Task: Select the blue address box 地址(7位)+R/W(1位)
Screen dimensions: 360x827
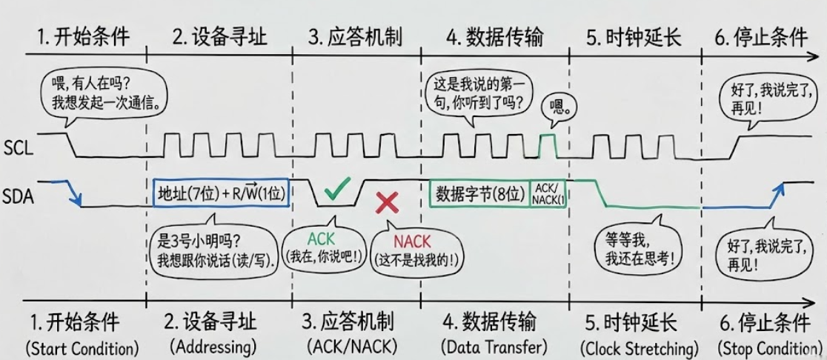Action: tap(222, 193)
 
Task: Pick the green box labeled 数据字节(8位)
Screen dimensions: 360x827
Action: tap(480, 193)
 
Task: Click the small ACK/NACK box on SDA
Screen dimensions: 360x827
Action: tap(548, 193)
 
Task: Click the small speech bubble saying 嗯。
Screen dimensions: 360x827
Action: tap(557, 109)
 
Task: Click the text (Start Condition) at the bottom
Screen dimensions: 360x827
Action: tap(82, 348)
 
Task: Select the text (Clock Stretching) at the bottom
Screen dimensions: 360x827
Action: tap(640, 348)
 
